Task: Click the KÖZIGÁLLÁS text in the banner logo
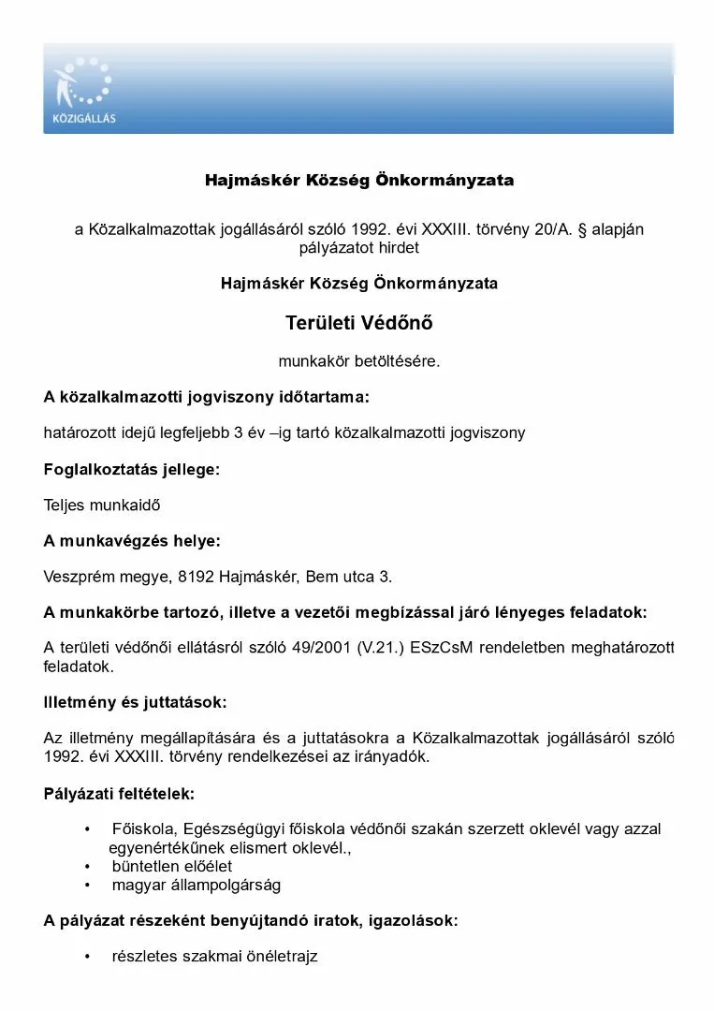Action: pyautogui.click(x=84, y=119)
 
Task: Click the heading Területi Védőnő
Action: pyautogui.click(x=358, y=324)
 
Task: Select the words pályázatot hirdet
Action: pyautogui.click(x=358, y=248)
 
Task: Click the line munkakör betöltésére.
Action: pyautogui.click(x=358, y=360)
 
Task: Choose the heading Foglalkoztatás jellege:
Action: pyautogui.click(x=132, y=469)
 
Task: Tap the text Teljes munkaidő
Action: pyautogui.click(x=102, y=505)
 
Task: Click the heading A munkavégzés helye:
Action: pyautogui.click(x=132, y=541)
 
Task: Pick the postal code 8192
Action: pyautogui.click(x=196, y=577)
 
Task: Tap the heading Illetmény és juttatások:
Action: pyautogui.click(x=135, y=702)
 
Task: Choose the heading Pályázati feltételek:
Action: pyautogui.click(x=119, y=794)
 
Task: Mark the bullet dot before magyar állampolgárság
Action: pyautogui.click(x=88, y=885)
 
